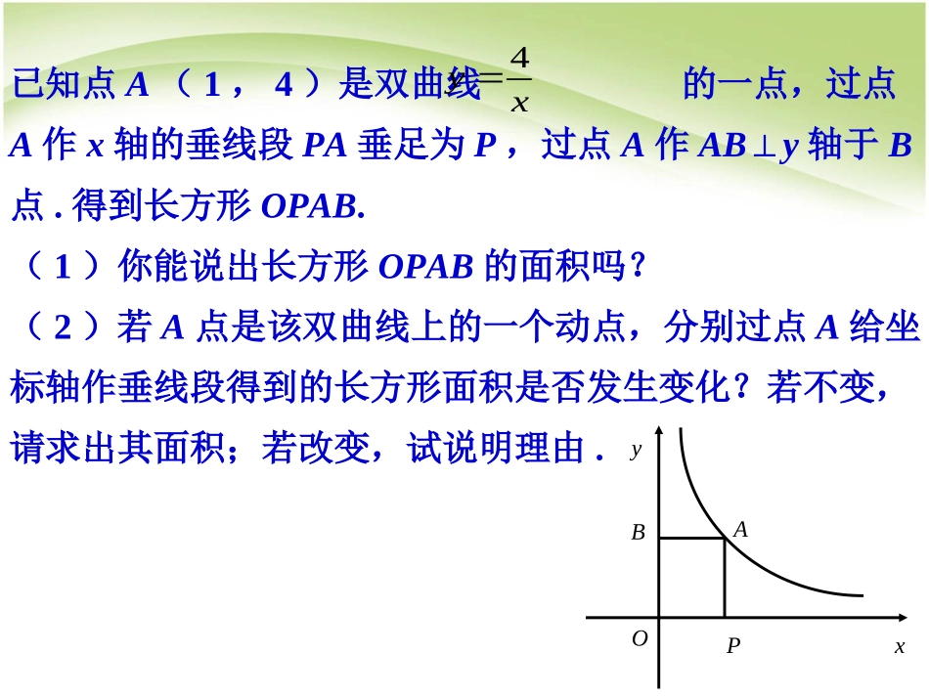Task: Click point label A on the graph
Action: pos(740,530)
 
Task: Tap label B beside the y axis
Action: pos(638,533)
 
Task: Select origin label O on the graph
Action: pos(640,638)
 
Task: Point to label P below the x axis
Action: pos(732,646)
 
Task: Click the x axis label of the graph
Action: pos(900,646)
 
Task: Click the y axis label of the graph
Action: pos(636,450)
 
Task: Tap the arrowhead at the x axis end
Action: pos(901,618)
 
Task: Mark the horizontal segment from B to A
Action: pos(691,538)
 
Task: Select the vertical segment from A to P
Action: pos(725,578)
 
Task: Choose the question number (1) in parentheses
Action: pos(64,266)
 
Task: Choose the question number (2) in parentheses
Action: pos(64,327)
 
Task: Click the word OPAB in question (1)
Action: pos(425,266)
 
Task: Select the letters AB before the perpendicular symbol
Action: pos(723,147)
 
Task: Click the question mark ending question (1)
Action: pos(638,266)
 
